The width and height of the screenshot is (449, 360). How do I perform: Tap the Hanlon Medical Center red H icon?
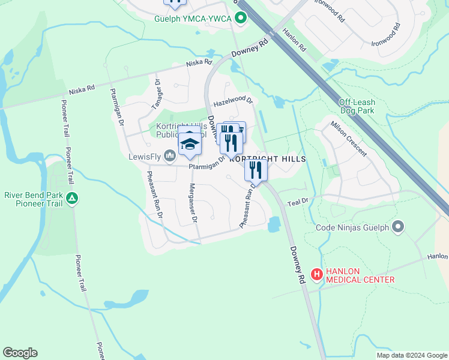316,274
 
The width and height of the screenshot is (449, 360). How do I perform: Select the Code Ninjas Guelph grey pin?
397,227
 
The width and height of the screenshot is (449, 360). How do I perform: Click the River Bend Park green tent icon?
71,197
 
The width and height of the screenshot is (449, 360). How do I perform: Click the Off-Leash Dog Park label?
357,107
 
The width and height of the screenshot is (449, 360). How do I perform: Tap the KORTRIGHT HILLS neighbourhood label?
268,159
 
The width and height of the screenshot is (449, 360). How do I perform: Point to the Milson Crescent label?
349,139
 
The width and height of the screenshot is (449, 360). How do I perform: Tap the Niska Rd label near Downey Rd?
199,62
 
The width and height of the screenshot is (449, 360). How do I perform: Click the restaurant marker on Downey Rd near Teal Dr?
256,170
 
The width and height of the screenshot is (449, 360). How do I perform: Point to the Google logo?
20,353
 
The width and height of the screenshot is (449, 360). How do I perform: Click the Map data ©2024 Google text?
411,355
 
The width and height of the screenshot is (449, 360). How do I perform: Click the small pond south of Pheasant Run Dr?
274,224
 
